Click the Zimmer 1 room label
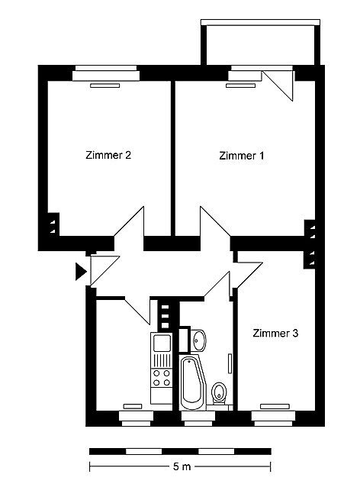[x=242, y=156]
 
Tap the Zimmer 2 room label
[x=108, y=155]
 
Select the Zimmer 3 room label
[x=275, y=333]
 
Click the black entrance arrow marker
[x=81, y=272]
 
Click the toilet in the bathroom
[x=219, y=394]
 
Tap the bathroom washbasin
[x=198, y=340]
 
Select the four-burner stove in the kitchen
[x=162, y=378]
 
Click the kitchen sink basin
[x=162, y=343]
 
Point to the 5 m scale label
[x=182, y=466]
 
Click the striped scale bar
[x=180, y=451]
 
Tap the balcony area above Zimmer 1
[x=260, y=45]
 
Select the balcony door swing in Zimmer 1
[x=278, y=85]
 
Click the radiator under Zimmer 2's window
[x=105, y=85]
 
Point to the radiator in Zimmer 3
[x=275, y=407]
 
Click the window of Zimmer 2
[x=106, y=73]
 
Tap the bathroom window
[x=198, y=418]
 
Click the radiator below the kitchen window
[x=133, y=407]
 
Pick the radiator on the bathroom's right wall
[x=230, y=363]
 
